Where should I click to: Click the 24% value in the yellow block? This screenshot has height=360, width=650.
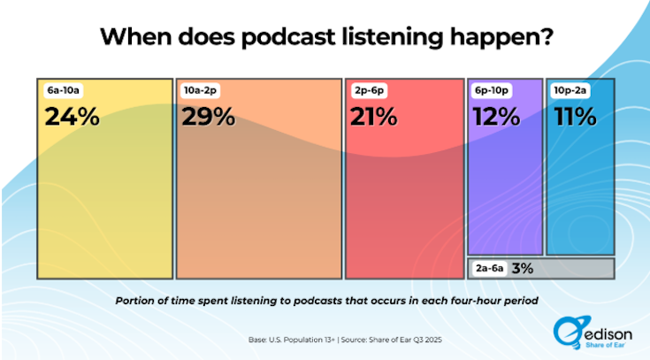pos(71,117)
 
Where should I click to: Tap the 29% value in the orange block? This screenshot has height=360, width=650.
pos(210,117)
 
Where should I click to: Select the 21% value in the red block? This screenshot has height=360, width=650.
pos(375,117)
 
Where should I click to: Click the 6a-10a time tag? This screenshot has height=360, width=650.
pos(63,90)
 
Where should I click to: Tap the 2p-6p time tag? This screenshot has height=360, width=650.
pos(368,90)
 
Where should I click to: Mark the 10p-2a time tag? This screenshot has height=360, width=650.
pos(570,90)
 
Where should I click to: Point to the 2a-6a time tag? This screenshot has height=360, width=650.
pos(490,268)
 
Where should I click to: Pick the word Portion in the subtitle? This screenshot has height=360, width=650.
pos(138,301)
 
